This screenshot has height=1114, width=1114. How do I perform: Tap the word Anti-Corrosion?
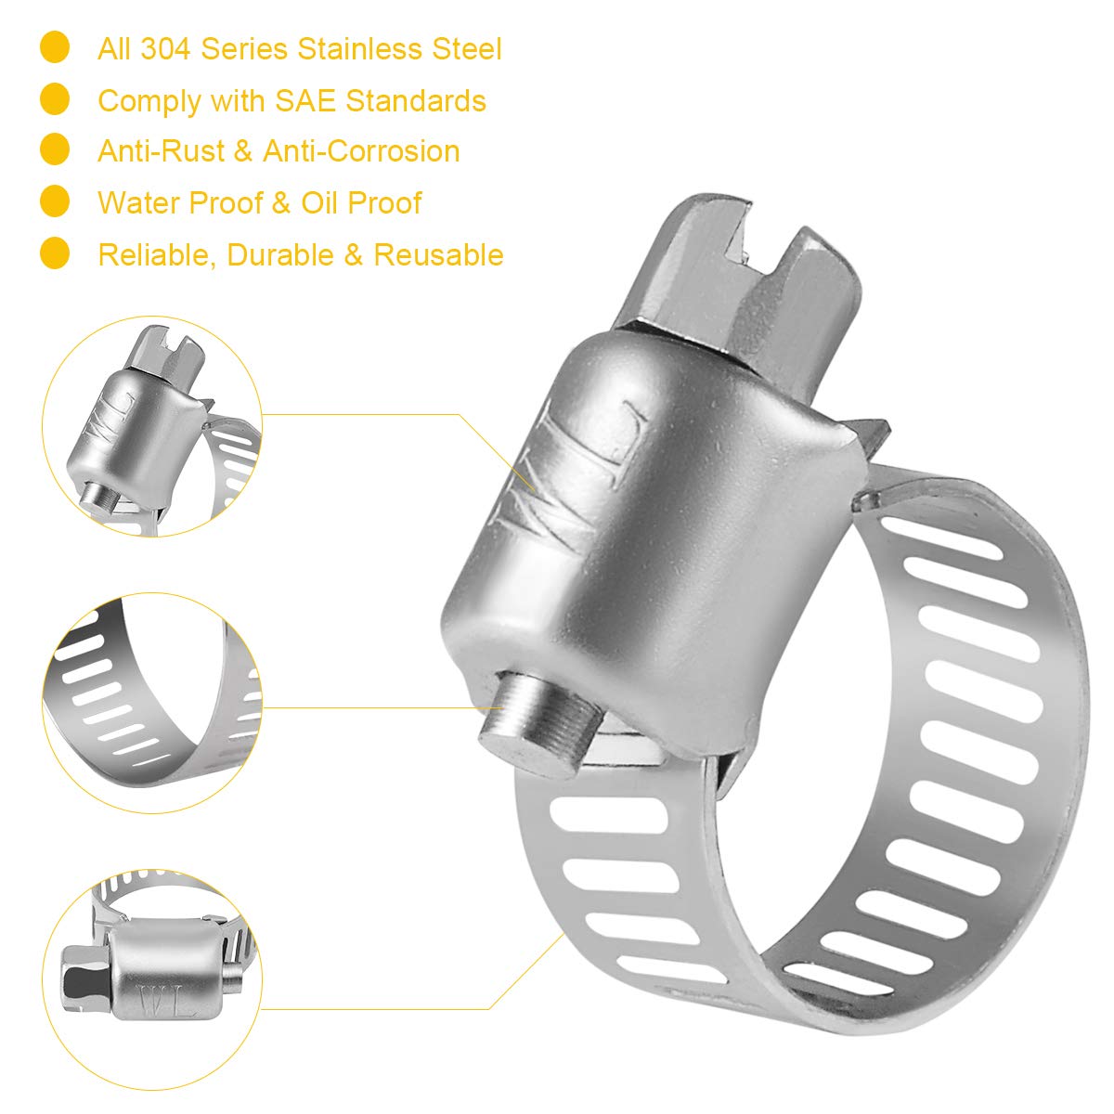[x=361, y=151]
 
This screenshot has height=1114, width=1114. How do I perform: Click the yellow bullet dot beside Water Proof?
[x=56, y=201]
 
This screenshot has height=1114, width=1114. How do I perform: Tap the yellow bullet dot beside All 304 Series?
[x=56, y=47]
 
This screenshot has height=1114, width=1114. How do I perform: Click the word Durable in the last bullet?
[x=280, y=254]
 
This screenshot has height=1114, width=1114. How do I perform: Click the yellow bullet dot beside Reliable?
[x=56, y=253]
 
